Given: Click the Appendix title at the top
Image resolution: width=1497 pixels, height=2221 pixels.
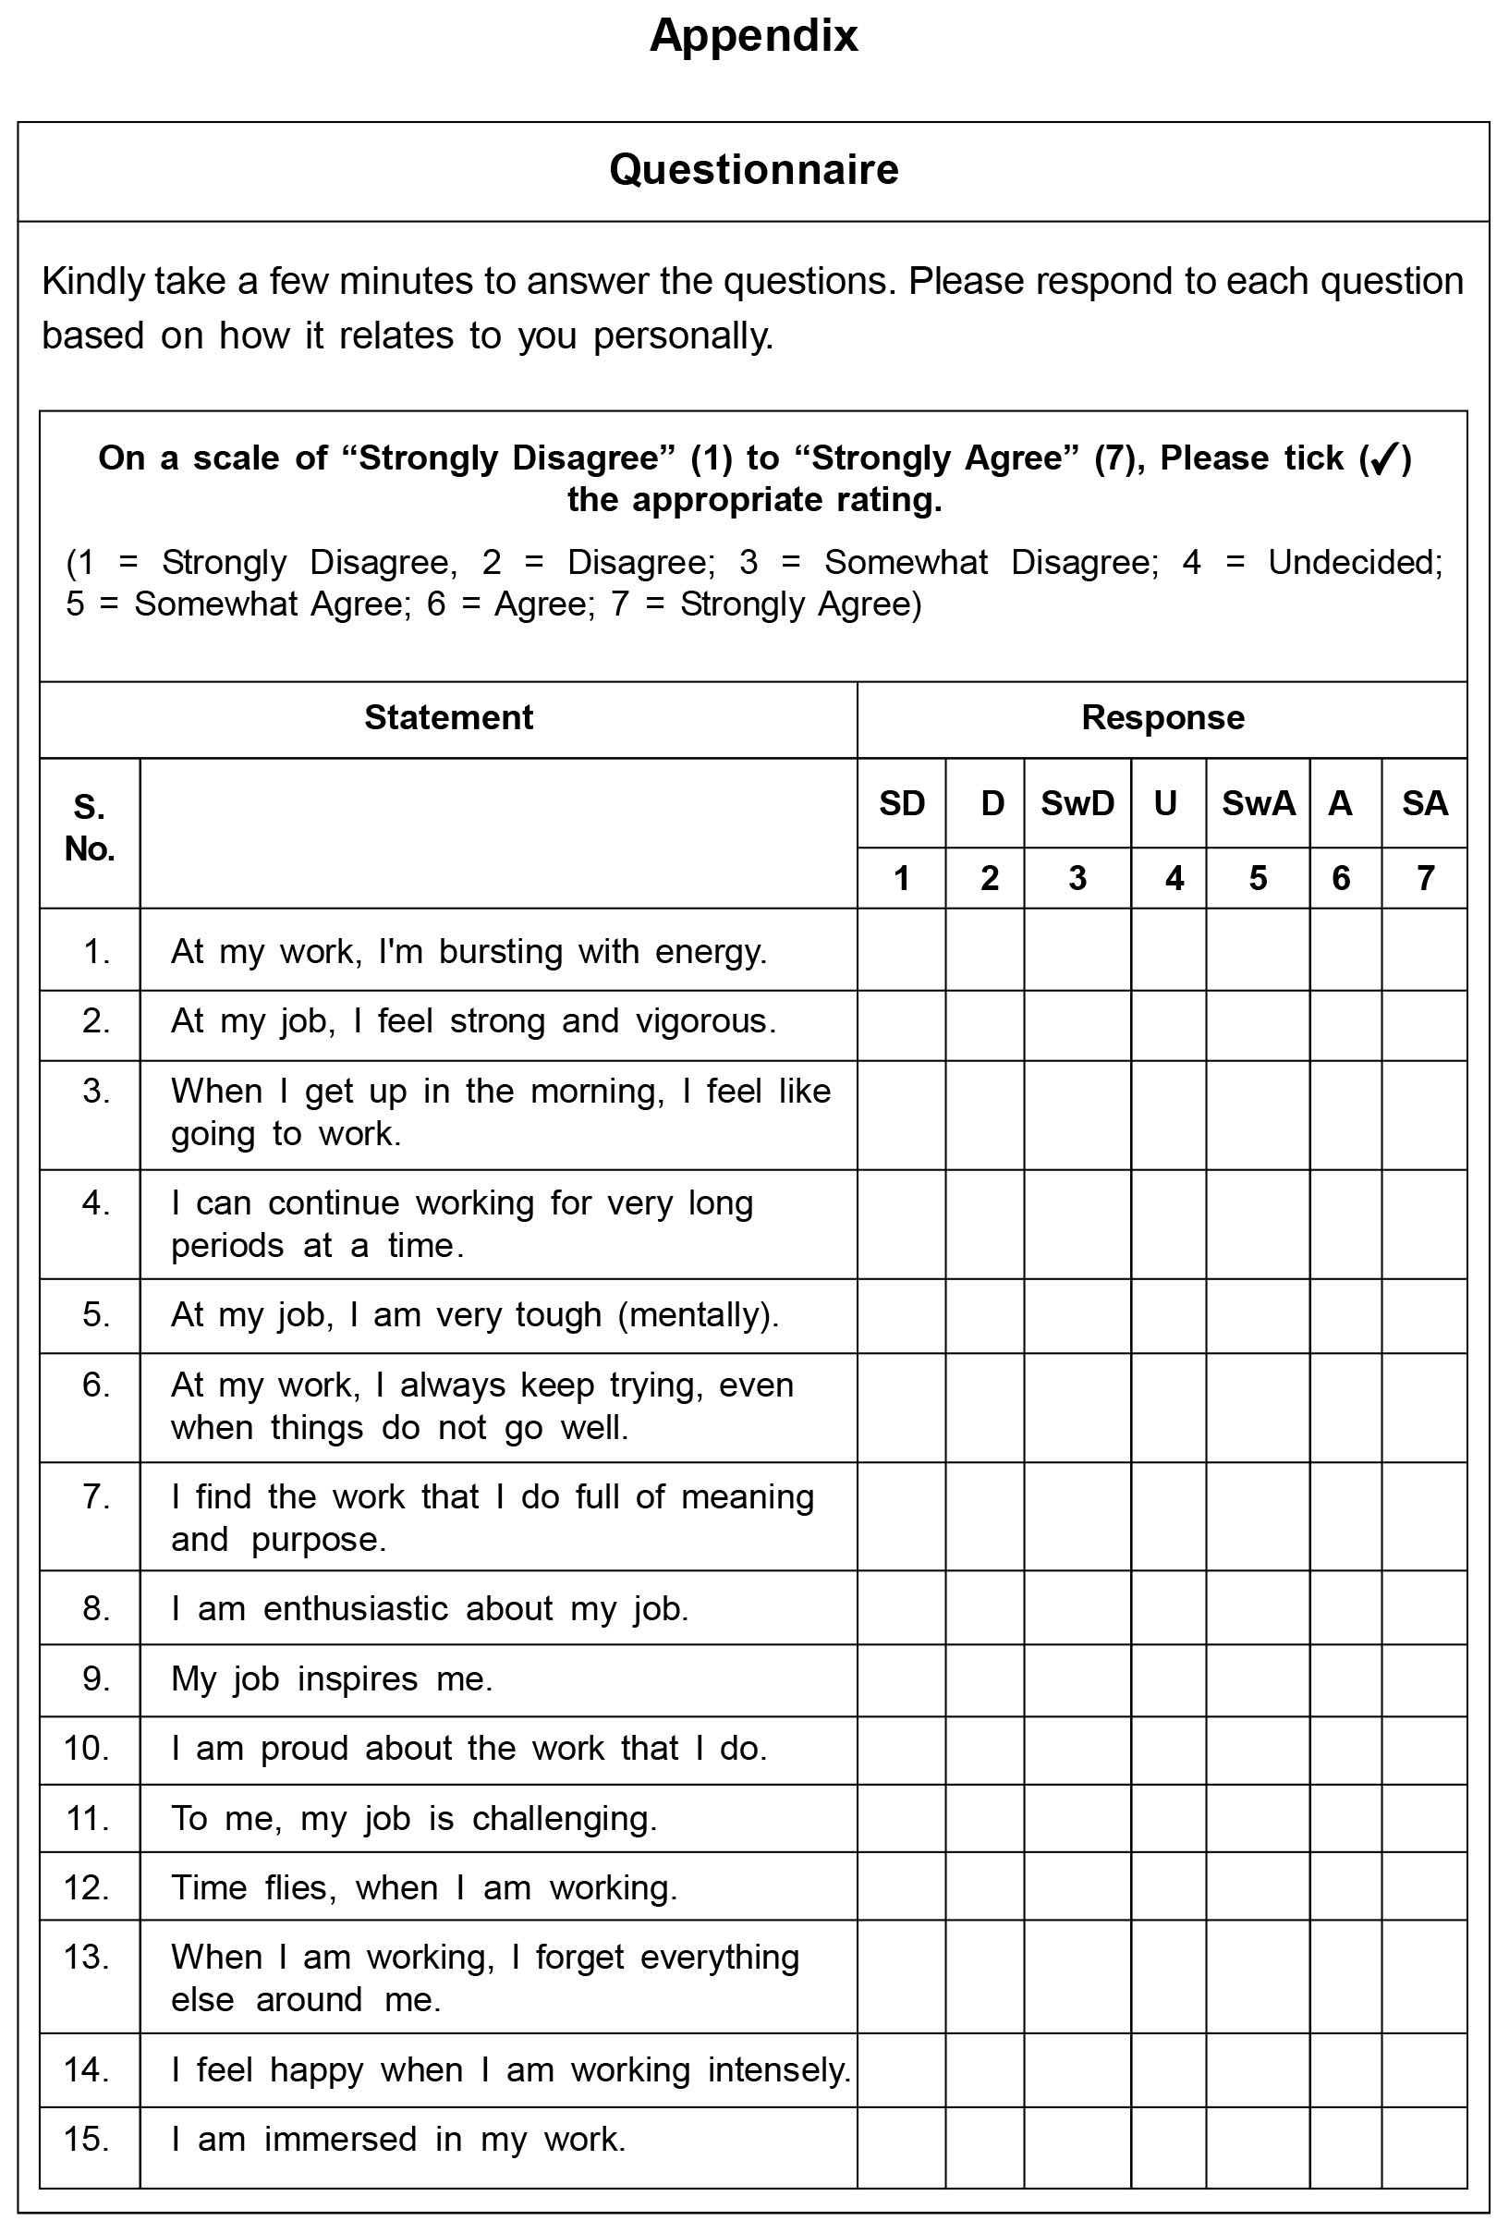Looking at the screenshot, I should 753,36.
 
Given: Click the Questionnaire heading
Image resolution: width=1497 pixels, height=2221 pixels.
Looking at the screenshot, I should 753,170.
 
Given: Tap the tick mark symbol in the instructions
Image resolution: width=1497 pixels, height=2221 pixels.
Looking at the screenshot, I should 1383,459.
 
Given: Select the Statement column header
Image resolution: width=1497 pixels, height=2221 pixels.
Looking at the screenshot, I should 449,717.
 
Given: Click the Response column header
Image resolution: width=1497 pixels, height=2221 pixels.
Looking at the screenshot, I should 1162,717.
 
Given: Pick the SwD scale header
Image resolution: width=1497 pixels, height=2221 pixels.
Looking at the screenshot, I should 1077,803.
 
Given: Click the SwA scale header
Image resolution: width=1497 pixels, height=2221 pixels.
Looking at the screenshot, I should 1258,803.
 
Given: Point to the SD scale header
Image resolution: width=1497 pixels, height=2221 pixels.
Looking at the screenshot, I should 901,803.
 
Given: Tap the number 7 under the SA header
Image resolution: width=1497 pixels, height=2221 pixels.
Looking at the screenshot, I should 1424,877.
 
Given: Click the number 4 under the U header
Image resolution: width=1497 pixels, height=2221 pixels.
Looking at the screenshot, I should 1174,877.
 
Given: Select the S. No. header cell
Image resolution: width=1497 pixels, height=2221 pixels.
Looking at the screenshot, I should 90,828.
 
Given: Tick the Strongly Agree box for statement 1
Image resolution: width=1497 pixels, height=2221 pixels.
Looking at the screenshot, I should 1423,949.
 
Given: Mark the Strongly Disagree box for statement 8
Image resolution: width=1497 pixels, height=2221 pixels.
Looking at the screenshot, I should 901,1608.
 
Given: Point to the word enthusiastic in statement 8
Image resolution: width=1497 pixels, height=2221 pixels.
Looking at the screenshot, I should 355,1608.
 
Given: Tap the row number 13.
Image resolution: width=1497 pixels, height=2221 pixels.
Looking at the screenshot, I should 87,1957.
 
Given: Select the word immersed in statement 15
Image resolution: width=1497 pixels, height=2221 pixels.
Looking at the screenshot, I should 340,2139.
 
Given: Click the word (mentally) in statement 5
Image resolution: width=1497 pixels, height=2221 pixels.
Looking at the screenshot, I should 698,1315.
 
